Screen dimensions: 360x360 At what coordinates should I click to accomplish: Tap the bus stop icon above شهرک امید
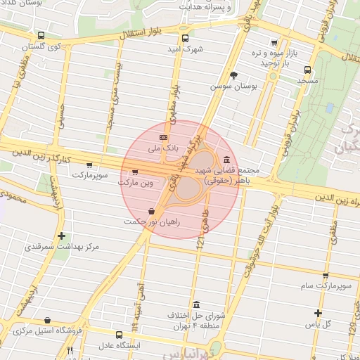click(x=185, y=39)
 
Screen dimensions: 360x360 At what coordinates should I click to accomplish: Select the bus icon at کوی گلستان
click(x=41, y=35)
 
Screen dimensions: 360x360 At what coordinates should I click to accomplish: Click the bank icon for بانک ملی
click(x=163, y=137)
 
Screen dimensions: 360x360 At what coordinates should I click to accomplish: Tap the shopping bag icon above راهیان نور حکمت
click(x=153, y=210)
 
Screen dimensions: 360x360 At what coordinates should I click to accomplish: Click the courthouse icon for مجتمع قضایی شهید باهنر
click(x=226, y=160)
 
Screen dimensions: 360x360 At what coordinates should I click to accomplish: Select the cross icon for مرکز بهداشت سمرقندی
click(x=62, y=236)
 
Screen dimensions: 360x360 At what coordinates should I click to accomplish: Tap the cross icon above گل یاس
click(x=318, y=313)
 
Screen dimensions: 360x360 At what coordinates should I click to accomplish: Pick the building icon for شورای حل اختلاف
click(x=195, y=304)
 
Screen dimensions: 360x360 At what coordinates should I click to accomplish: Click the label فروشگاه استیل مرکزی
click(x=49, y=330)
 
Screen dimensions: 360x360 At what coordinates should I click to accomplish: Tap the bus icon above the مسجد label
click(x=307, y=70)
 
